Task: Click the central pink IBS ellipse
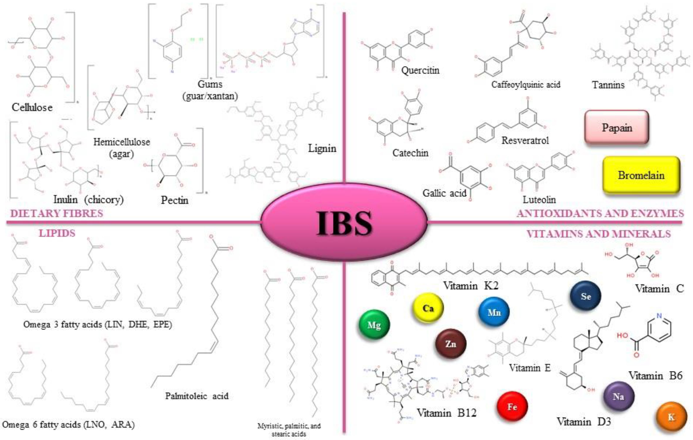(x=344, y=222)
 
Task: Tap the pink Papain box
(x=617, y=128)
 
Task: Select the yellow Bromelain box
(x=641, y=175)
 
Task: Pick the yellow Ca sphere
(x=428, y=308)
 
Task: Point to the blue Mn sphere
(x=494, y=312)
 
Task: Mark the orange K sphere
(x=671, y=417)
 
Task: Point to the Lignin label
(x=322, y=148)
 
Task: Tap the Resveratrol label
(x=525, y=140)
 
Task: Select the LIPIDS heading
(x=57, y=233)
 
